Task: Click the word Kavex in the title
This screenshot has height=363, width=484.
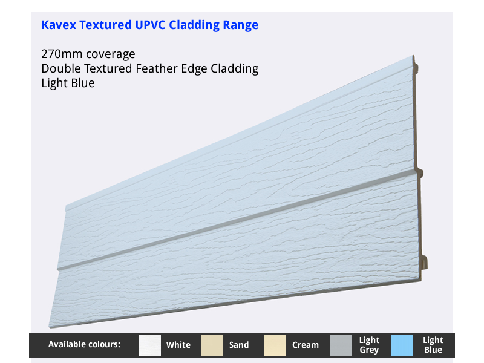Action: [x=59, y=25]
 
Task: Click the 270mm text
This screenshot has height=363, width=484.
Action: [x=62, y=54]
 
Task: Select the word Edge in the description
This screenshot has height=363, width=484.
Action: [x=194, y=69]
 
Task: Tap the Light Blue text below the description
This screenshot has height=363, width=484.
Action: [x=68, y=83]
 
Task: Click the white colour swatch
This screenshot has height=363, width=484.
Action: [x=150, y=345]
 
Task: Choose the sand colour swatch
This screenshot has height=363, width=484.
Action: [x=212, y=345]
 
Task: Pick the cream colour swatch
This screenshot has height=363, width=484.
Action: [x=275, y=345]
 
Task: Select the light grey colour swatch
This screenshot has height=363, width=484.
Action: [x=341, y=345]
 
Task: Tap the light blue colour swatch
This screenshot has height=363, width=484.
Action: [x=402, y=345]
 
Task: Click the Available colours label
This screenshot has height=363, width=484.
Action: [x=84, y=344]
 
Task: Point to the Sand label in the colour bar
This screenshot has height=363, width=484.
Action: [x=239, y=345]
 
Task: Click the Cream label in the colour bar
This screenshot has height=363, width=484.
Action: [x=306, y=345]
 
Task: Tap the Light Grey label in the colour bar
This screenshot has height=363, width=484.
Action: [x=369, y=345]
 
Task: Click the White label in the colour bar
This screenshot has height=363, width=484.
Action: [x=178, y=345]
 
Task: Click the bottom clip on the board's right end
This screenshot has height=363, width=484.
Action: [x=425, y=262]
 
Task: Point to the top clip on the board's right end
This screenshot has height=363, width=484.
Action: [x=416, y=68]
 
